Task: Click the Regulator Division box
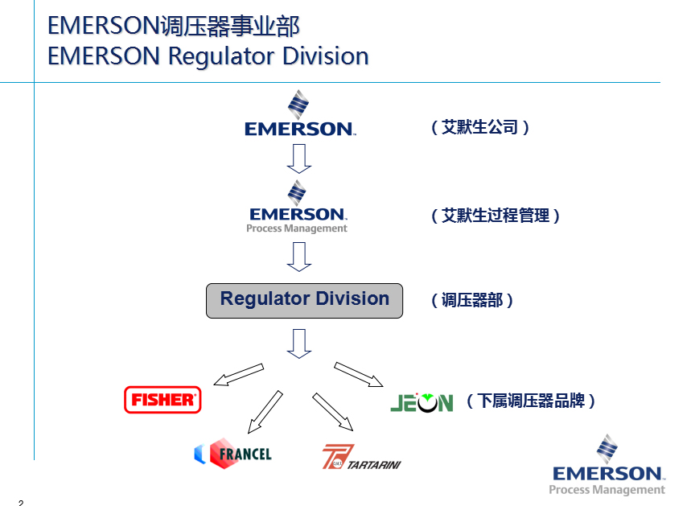click(304, 300)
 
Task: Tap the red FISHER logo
click(162, 399)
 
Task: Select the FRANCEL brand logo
click(233, 454)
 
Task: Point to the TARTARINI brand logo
click(361, 458)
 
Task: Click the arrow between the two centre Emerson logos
click(299, 158)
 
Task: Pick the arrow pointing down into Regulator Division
click(299, 257)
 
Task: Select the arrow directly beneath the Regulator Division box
click(299, 343)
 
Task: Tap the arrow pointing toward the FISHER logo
click(239, 374)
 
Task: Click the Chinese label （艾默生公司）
click(480, 127)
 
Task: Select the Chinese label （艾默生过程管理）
click(496, 216)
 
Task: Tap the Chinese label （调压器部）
click(472, 300)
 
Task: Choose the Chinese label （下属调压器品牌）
click(531, 401)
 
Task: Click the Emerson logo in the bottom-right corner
click(607, 466)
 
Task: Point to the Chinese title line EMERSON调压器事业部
click(174, 26)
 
